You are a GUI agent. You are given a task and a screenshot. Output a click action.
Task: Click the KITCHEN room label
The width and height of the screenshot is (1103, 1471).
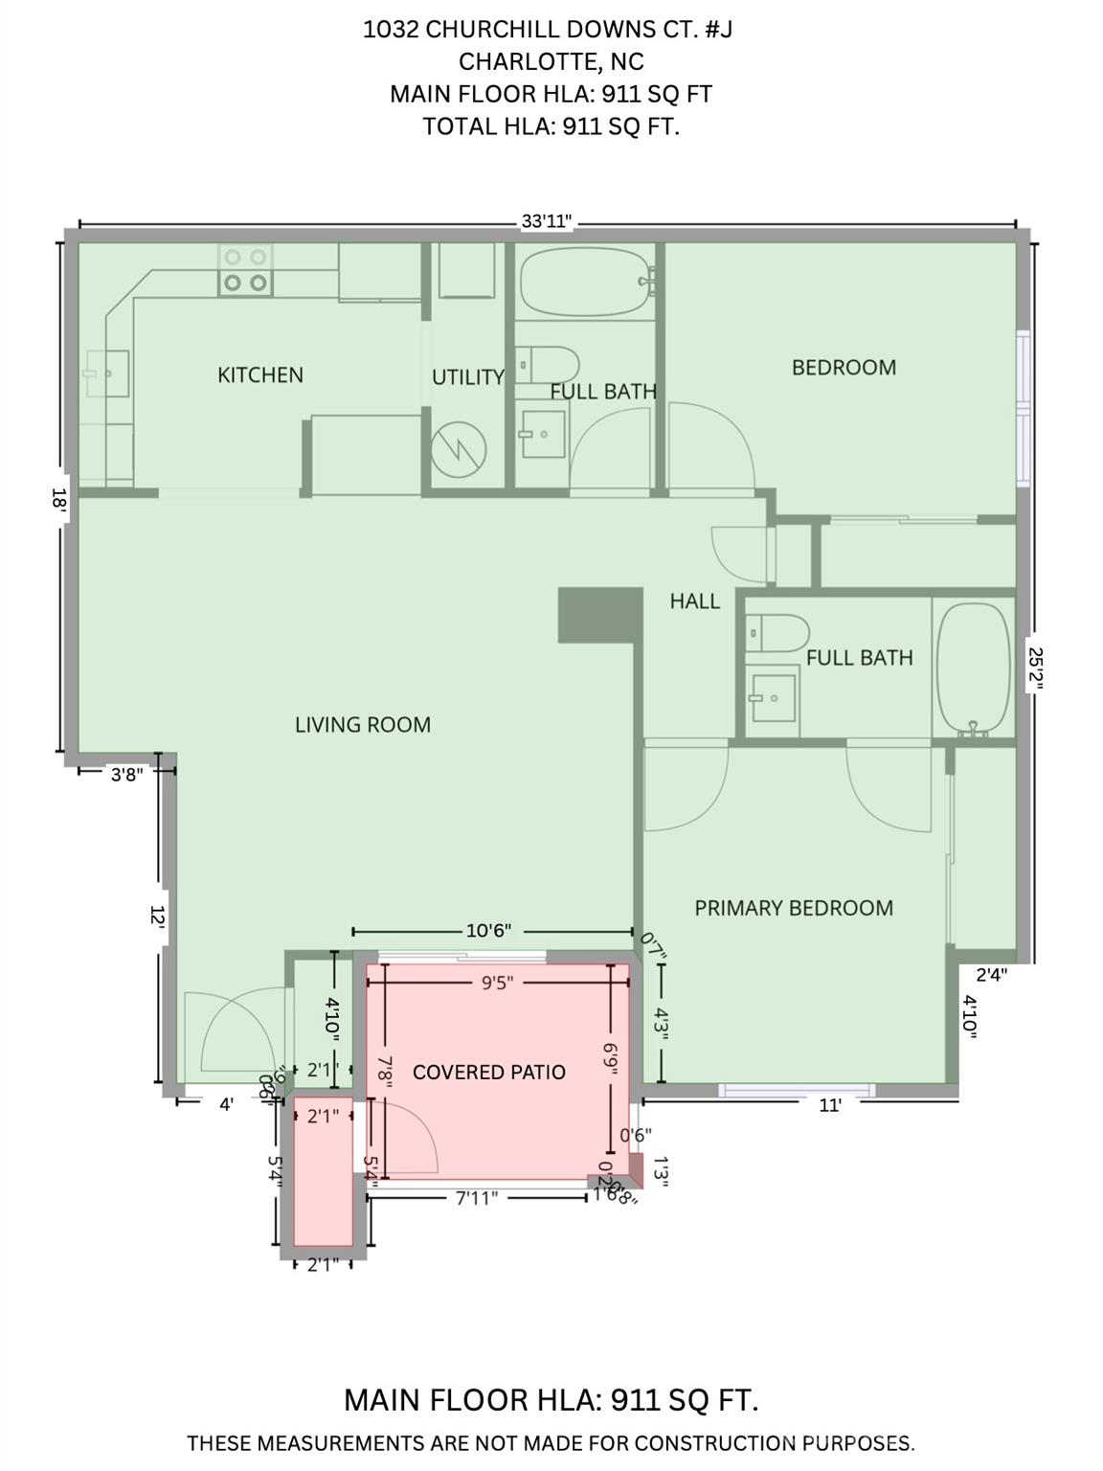259,374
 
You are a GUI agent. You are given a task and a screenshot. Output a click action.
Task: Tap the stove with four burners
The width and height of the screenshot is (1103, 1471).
245,269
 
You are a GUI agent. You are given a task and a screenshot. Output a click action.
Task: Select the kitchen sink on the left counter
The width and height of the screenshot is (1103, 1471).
106,373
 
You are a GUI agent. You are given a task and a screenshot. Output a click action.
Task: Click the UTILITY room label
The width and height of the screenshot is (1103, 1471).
467,377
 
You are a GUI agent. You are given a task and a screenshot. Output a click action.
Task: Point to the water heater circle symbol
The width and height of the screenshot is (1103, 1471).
458,448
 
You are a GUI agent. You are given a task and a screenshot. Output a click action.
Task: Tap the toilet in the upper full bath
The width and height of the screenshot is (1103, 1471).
548,364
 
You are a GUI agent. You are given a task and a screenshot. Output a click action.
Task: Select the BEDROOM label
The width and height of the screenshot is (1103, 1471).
844,368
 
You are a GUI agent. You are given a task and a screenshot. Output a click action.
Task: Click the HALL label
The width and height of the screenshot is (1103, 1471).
694,601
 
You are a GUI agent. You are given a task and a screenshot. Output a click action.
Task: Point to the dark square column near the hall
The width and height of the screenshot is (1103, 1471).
599,614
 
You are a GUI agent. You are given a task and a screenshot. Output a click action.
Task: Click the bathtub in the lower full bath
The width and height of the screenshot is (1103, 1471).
973,668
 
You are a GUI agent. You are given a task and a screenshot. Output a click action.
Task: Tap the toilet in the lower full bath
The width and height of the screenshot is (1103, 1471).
777,633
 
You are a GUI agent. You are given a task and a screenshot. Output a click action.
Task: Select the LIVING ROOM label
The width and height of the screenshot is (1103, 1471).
362,725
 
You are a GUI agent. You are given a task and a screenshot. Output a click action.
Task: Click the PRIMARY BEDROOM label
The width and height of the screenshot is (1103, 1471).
793,908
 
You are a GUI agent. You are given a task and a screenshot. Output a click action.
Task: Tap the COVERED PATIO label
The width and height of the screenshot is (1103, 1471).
488,1072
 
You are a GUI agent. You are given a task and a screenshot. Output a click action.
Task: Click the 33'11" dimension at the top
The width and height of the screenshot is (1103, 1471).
546,221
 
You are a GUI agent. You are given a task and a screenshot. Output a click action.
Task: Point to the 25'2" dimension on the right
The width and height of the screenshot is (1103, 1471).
1035,668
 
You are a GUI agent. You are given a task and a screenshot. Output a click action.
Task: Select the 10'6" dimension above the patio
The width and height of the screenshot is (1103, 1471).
488,931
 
